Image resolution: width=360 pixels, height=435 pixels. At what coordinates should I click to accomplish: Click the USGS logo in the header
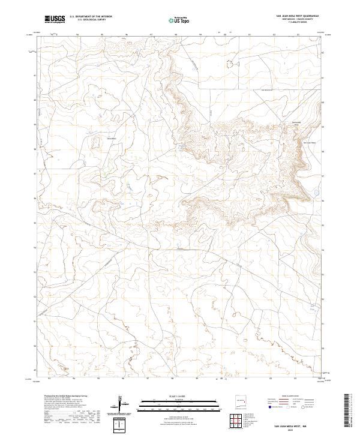pos(55,19)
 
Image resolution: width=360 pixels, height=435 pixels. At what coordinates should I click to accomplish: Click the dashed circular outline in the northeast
pos(228,64)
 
